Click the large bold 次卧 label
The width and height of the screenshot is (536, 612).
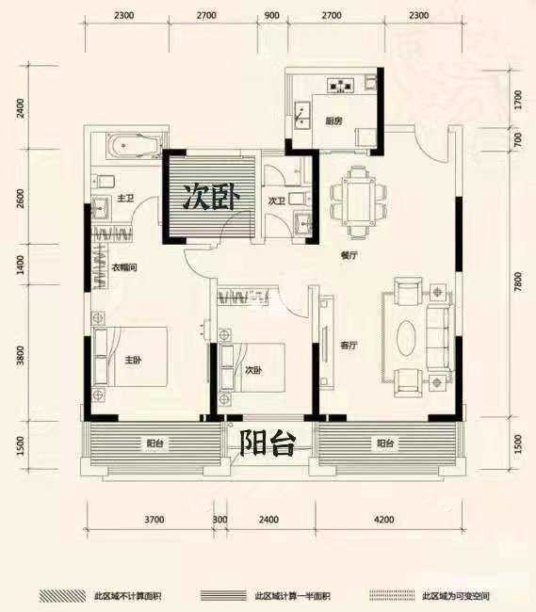tap(211, 198)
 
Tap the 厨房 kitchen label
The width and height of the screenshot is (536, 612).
tap(333, 121)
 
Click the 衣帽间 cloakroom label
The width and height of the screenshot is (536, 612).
tap(124, 268)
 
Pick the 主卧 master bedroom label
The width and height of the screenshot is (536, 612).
tap(132, 359)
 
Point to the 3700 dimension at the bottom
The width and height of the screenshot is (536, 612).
tap(154, 519)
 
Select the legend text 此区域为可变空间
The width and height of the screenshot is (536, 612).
tap(458, 596)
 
